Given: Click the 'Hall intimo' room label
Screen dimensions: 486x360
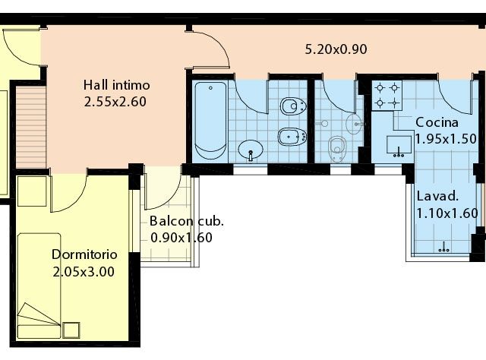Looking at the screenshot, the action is (116, 85).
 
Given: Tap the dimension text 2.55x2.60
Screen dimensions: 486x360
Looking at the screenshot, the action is (115, 102).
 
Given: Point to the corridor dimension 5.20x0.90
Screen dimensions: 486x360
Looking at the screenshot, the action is (336, 49).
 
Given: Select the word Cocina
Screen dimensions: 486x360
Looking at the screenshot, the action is (437, 122).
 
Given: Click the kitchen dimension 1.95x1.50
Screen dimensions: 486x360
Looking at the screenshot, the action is (446, 138).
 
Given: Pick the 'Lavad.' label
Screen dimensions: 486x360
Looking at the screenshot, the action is (437, 196).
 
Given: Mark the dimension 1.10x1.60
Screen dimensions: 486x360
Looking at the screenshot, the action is (447, 213).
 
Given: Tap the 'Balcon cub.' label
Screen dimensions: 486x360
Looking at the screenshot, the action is (187, 221).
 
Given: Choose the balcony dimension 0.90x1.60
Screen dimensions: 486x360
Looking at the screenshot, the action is (181, 238).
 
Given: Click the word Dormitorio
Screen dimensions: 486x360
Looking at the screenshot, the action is (84, 254).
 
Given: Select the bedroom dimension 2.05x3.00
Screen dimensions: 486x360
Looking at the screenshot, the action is (84, 272).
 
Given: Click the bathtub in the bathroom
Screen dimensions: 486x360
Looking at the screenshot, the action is (210, 121).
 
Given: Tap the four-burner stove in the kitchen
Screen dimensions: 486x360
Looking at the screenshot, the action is (387, 96).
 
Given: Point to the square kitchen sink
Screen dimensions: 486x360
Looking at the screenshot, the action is (399, 145).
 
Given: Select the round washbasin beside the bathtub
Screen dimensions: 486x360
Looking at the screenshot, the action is (251, 150).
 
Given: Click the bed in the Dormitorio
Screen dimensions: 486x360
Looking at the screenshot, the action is (39, 286).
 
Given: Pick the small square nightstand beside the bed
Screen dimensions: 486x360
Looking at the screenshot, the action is (71, 330).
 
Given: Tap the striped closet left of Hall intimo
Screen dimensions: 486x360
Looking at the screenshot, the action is (31, 127).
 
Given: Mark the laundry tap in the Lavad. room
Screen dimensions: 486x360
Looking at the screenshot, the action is (443, 248).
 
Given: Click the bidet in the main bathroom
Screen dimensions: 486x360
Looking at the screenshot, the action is (292, 137).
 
